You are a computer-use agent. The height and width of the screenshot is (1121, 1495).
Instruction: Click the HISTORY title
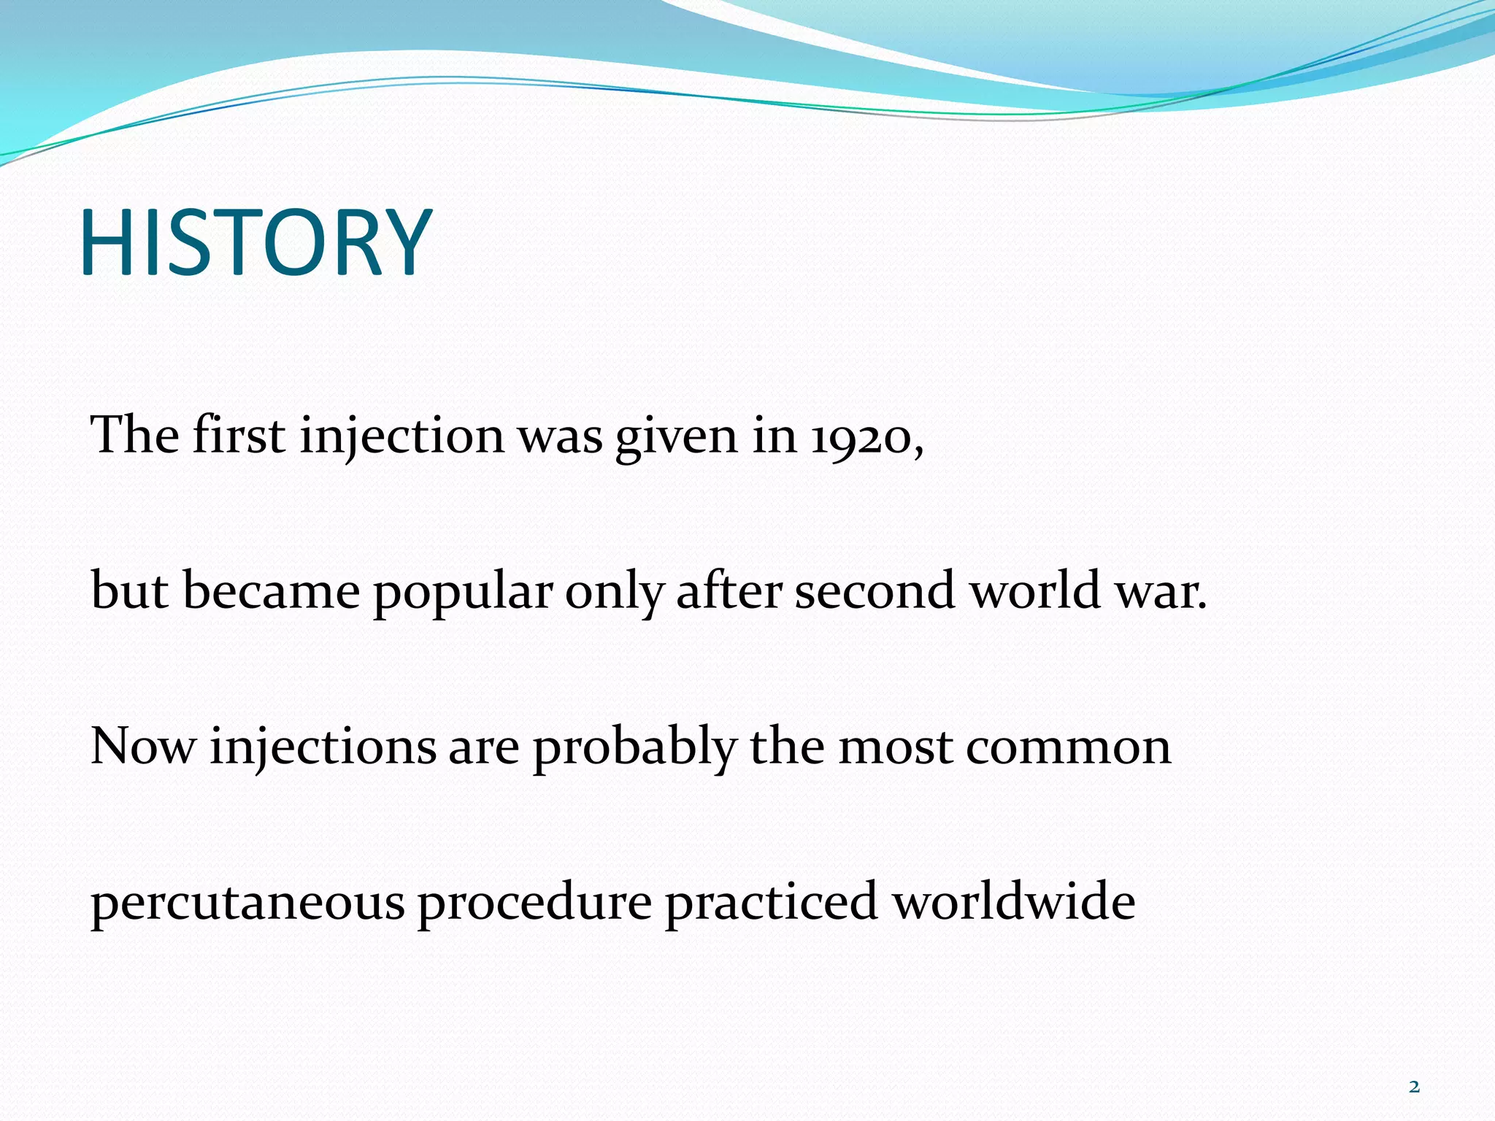[255, 242]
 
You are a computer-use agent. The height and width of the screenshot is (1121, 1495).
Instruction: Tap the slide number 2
[1414, 1087]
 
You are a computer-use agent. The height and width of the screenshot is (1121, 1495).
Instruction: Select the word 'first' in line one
[239, 435]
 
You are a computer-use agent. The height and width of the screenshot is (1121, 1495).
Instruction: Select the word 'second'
[875, 591]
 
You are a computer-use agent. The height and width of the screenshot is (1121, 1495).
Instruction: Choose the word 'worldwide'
[1014, 902]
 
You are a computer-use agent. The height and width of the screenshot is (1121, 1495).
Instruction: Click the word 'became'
[271, 591]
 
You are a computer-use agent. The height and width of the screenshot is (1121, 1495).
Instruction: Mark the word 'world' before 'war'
[1035, 591]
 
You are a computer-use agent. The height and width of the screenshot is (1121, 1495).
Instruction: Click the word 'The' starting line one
[134, 435]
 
